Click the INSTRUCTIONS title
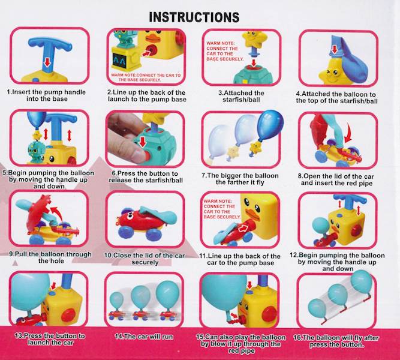pyautogui.click(x=194, y=17)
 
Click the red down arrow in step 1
pyautogui.click(x=47, y=62)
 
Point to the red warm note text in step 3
pyautogui.click(x=224, y=51)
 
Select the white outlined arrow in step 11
pyautogui.click(x=243, y=229)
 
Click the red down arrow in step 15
pyautogui.click(x=249, y=285)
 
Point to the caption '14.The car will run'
pyautogui.click(x=144, y=337)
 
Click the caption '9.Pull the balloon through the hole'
pyautogui.click(x=50, y=257)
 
